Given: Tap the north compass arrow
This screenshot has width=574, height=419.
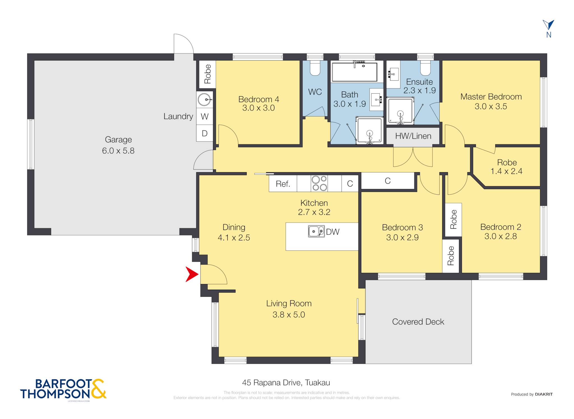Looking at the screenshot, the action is [x=548, y=25].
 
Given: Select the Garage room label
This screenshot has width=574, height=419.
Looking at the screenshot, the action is [x=118, y=139].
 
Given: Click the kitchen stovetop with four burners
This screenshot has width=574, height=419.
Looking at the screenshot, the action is [x=319, y=183].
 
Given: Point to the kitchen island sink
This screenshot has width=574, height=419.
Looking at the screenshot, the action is [x=316, y=231].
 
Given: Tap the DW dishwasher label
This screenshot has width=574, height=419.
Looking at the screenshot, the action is [x=333, y=232].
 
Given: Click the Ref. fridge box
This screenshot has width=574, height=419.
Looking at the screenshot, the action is [x=283, y=183].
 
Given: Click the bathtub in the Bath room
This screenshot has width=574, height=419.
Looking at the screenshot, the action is [x=354, y=72].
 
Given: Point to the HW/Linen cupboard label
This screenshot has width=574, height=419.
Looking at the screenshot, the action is [x=413, y=136].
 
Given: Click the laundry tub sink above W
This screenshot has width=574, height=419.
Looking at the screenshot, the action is [x=205, y=100].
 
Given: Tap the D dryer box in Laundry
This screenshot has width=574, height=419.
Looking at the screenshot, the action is [x=205, y=133].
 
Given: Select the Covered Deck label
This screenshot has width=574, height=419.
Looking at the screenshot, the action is [x=418, y=322].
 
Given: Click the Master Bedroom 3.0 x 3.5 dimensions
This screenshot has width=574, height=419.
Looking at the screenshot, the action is [x=491, y=107].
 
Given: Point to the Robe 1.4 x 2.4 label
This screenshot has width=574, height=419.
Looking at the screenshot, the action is [x=506, y=167].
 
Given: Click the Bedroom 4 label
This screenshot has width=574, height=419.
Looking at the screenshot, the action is [x=258, y=99].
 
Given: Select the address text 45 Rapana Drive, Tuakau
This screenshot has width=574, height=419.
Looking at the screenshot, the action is [x=286, y=383].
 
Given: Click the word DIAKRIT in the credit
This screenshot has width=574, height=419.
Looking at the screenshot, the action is [x=544, y=394].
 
